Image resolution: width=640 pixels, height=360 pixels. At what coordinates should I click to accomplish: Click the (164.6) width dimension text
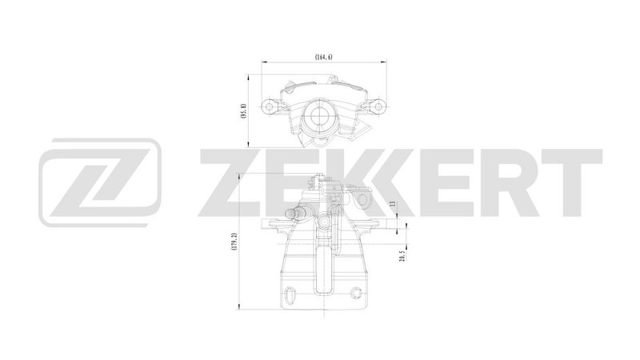pyautogui.click(x=322, y=57)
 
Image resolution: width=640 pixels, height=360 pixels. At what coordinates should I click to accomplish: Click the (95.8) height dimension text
pyautogui.click(x=242, y=110)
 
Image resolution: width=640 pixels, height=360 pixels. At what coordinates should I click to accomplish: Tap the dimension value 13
pyautogui.click(x=393, y=205)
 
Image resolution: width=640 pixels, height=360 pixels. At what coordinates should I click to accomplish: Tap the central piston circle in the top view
pyautogui.click(x=322, y=117)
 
